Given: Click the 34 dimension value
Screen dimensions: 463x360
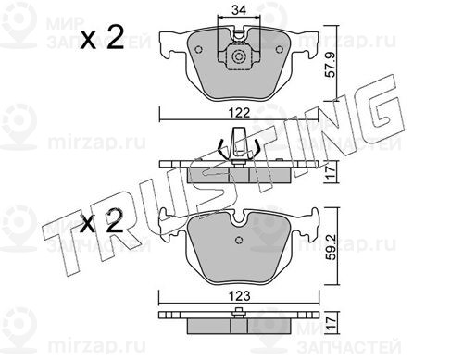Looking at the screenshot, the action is tap(239, 10).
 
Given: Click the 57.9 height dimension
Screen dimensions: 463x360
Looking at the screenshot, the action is tap(331, 65).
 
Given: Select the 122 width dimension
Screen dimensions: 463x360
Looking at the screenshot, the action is tap(239, 113).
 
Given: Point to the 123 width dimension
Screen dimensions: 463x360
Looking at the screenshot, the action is tap(239, 296).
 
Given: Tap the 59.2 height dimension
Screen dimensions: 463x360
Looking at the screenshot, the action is tap(332, 247).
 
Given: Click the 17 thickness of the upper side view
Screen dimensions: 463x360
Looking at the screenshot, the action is tap(331, 171).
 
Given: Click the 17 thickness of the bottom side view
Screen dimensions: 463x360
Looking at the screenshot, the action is tap(331, 322).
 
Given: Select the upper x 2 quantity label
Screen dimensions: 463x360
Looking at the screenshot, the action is tap(102, 37).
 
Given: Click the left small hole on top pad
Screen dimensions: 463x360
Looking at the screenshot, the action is tap(198, 49).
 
